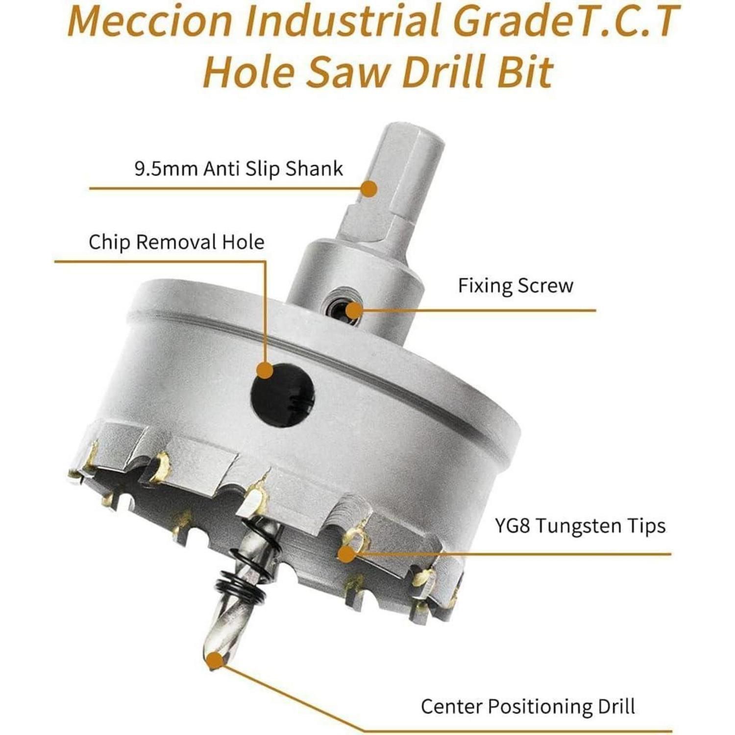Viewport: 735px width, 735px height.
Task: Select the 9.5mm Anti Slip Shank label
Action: coord(239,169)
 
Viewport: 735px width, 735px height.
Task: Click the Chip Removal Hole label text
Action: coord(176,242)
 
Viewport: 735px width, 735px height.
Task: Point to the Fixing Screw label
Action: coord(515,286)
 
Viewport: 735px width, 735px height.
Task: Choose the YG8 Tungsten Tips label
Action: coord(580,526)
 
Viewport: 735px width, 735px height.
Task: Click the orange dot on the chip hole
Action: coord(265,370)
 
